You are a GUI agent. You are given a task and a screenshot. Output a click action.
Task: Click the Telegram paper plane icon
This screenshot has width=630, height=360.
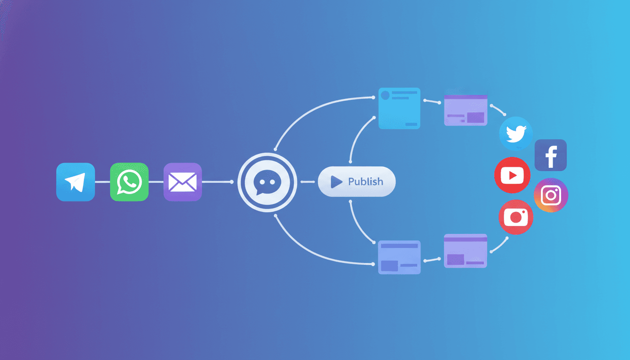click(75, 182)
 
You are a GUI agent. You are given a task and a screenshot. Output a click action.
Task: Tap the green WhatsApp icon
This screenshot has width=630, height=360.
click(129, 182)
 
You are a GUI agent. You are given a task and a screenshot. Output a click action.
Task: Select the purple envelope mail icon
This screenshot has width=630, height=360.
click(182, 182)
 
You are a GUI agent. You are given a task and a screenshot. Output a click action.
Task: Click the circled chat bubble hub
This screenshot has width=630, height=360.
click(267, 181)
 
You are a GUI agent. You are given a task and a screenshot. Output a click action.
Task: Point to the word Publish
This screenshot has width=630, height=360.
click(365, 181)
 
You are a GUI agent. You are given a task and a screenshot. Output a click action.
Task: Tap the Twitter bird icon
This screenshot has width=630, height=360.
click(516, 134)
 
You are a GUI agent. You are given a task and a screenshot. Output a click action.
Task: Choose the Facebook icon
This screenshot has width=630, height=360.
click(550, 155)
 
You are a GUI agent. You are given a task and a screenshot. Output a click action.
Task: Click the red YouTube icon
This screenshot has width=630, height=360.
click(512, 175)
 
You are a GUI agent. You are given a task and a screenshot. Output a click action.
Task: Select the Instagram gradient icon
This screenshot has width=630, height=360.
click(551, 195)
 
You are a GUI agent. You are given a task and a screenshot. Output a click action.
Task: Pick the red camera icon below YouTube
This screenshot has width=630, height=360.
click(516, 217)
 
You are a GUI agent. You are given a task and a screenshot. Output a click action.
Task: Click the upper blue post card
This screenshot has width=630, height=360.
click(399, 108)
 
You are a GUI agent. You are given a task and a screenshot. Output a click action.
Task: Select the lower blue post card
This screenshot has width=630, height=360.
click(399, 257)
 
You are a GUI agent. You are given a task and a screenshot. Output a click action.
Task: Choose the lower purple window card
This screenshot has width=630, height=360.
click(465, 251)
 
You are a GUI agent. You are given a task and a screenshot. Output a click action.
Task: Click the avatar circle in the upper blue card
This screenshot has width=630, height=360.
click(385, 96)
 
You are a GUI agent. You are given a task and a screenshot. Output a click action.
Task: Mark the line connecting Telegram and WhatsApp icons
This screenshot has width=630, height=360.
click(102, 182)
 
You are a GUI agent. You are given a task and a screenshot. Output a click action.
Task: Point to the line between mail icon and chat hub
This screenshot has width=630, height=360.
click(217, 182)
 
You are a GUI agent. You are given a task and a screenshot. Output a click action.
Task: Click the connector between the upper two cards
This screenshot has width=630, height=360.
click(432, 101)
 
